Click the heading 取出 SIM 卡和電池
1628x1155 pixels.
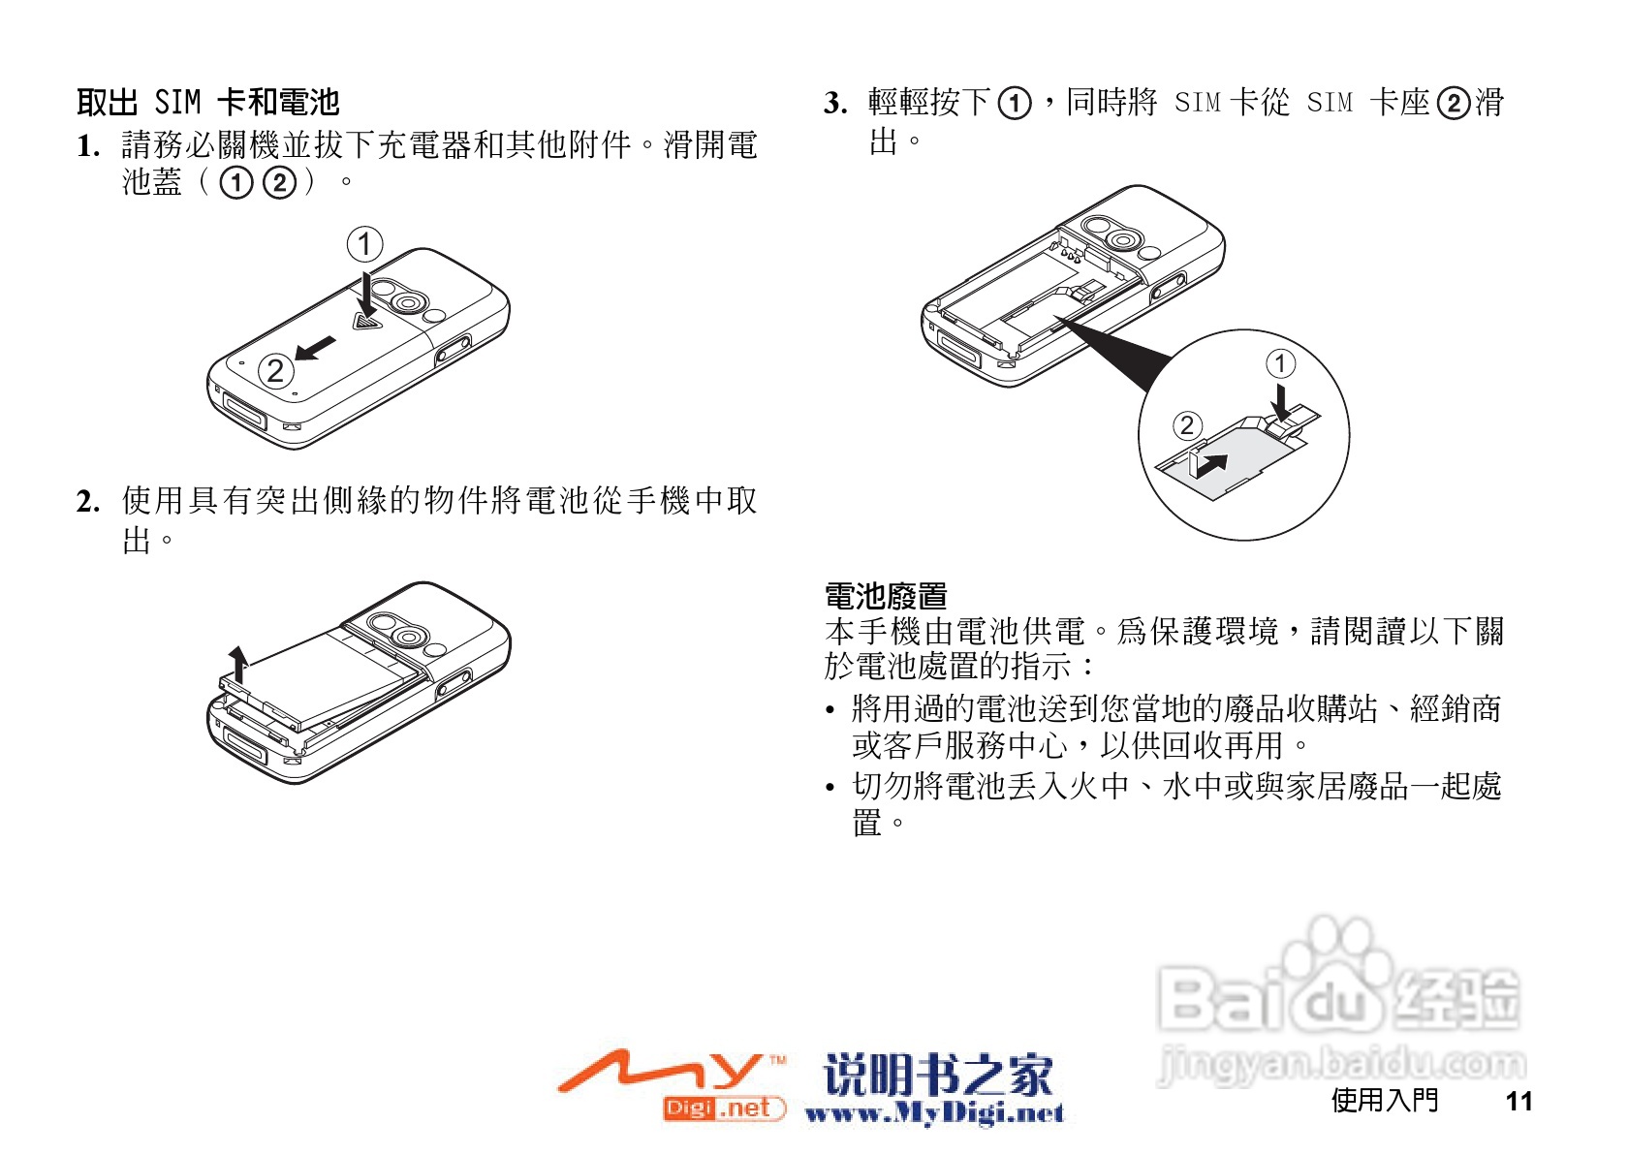[208, 102]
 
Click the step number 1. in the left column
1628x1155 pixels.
[88, 147]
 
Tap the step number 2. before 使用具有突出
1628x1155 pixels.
[88, 502]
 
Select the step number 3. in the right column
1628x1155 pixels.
[835, 103]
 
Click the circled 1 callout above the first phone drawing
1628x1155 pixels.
[364, 244]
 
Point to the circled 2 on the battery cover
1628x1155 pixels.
[276, 371]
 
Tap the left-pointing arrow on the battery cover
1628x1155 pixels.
[316, 348]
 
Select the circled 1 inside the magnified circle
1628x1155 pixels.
[1280, 363]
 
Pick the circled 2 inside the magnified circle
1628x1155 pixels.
[1187, 425]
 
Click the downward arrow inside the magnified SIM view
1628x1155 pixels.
[1281, 401]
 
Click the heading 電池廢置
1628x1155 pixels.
[885, 596]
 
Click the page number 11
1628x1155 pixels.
[1518, 1102]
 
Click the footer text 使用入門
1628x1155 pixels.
[1384, 1101]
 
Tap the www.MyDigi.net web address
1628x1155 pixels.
[933, 1113]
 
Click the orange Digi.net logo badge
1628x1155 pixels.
[722, 1108]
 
